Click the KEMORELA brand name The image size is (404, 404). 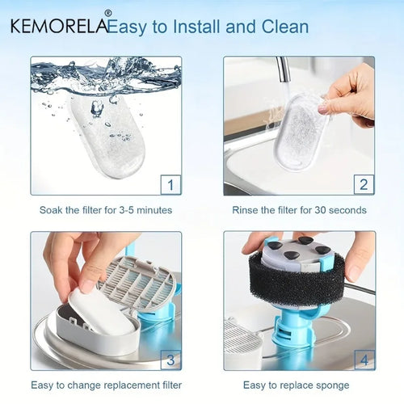[59, 26]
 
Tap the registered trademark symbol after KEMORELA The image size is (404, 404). [107, 13]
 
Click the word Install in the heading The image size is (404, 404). [196, 27]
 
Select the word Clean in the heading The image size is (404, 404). [285, 27]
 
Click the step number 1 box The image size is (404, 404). [170, 185]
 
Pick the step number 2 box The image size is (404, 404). [364, 185]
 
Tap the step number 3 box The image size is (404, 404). [170, 360]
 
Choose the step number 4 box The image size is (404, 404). [364, 360]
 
